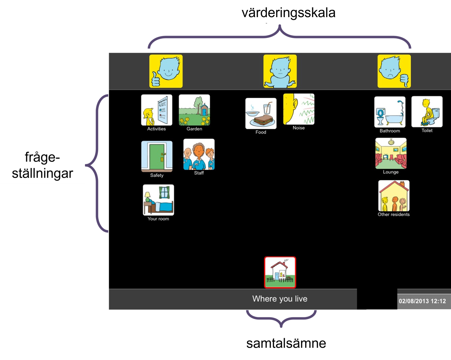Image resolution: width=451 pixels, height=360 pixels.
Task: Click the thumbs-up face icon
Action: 166,71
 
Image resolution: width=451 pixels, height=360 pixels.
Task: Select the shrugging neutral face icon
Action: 280,71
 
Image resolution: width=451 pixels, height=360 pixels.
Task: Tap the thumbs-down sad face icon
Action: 394,71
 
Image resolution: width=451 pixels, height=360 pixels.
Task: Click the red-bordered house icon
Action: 280,273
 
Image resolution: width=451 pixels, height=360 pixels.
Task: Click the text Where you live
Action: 280,299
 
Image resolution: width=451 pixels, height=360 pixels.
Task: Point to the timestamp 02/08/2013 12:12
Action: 422,301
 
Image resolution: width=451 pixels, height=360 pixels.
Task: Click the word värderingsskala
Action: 288,13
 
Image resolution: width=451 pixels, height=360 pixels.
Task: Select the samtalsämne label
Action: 286,343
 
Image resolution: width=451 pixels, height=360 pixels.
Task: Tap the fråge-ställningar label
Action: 43,165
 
